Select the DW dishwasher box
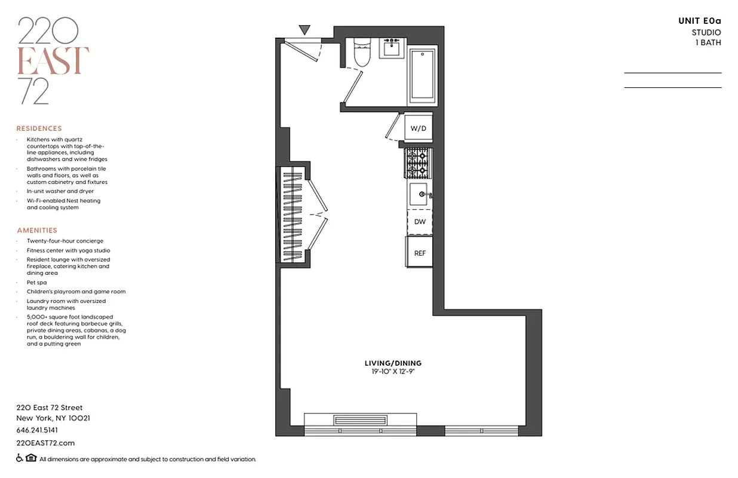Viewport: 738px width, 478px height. [420, 222]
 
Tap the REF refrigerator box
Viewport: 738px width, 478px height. [420, 253]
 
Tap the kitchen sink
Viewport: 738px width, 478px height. [419, 194]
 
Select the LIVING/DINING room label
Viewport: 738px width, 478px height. [393, 363]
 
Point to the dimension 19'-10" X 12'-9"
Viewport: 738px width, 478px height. [393, 372]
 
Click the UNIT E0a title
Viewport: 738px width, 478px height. [699, 21]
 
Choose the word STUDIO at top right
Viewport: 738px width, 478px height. [706, 32]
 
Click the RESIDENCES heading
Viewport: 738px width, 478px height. [39, 128]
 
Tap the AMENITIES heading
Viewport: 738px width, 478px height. [37, 230]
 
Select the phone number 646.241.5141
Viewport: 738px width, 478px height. [37, 430]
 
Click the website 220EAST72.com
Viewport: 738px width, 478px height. [45, 443]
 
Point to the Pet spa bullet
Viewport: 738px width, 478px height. [36, 282]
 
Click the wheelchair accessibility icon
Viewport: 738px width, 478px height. [20, 458]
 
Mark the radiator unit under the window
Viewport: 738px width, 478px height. [357, 420]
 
